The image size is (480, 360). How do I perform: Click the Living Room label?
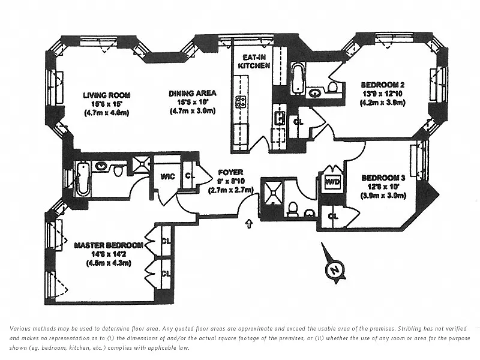[x=107, y=95]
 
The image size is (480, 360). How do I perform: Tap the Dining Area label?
[x=192, y=94]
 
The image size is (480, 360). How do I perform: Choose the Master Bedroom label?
[x=109, y=245]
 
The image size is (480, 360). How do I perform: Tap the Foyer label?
[x=230, y=172]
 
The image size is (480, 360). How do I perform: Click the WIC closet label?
[x=167, y=176]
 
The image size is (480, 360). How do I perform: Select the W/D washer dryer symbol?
[x=332, y=181]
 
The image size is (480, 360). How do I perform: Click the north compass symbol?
[x=334, y=271]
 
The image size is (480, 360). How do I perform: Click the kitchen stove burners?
[x=242, y=101]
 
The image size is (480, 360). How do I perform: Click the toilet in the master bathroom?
[x=119, y=172]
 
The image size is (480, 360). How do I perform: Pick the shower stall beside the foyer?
[x=274, y=191]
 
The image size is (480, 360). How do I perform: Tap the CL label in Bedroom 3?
[x=332, y=216]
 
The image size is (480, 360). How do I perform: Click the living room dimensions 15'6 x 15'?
[x=107, y=104]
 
